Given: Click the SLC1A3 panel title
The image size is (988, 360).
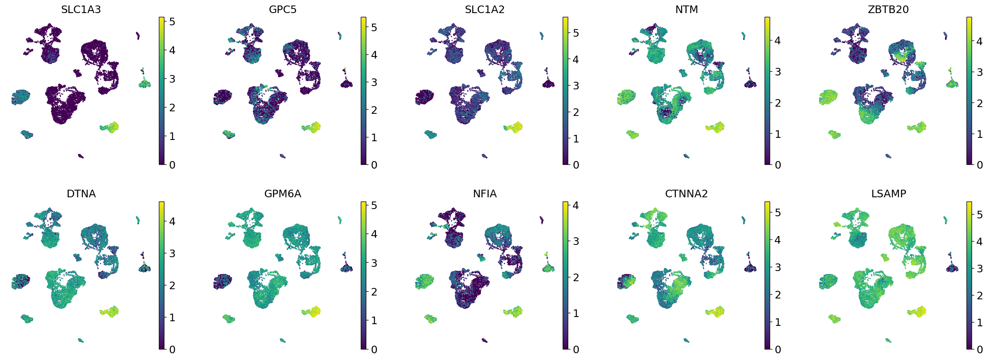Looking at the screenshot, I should coord(81,10).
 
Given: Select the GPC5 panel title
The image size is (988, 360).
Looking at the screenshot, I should coord(283,10).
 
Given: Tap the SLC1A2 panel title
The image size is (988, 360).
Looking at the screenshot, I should coord(485,10).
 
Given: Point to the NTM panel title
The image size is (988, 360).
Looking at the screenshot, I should coord(687,10).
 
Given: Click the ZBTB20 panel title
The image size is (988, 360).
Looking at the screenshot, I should coord(888,10).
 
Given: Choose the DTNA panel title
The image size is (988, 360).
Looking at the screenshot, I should coord(81,194).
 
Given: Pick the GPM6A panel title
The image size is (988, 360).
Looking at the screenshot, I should coord(283,194).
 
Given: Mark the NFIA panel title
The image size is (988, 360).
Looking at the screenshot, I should coord(485,194).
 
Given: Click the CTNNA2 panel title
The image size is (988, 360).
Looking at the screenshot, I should coord(687,194).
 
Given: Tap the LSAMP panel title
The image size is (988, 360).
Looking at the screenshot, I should coord(889,194).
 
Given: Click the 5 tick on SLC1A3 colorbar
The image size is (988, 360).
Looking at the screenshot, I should coord(172,21).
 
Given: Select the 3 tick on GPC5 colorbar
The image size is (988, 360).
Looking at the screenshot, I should coord(373,82).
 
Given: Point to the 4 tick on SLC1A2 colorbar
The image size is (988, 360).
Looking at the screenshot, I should coord(575,59).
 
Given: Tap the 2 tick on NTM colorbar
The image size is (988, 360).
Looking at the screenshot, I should coord(778,103).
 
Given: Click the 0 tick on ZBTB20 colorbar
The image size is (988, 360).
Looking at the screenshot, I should coord(980,165).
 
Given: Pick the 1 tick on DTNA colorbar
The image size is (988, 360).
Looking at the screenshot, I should coord(172,317).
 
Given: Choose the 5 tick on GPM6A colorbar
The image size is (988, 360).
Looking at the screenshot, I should coord(373,205).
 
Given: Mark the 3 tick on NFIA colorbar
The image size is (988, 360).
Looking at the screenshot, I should coord(575,241).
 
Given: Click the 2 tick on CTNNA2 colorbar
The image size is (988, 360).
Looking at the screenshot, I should coord(778,295).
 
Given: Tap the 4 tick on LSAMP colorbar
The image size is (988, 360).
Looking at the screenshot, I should coord(980,242).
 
